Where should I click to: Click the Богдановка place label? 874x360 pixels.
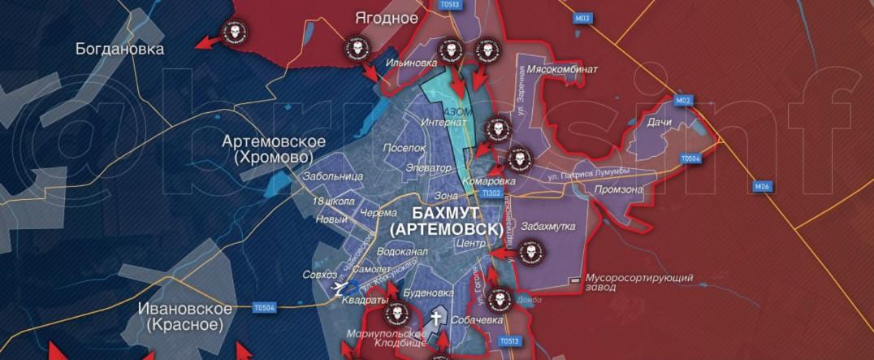(119, 49)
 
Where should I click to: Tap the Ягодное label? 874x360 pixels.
(387, 17)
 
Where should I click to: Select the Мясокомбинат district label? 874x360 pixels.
(562, 69)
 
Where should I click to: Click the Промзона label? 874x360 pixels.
(619, 189)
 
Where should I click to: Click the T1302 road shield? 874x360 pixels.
(491, 193)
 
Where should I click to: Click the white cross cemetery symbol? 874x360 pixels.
(435, 318)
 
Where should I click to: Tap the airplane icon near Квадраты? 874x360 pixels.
(339, 286)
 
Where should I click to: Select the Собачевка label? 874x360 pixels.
(477, 320)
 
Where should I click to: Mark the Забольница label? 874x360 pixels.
(332, 176)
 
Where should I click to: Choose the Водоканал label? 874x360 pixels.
(402, 252)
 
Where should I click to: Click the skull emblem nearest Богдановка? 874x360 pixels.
(234, 33)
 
